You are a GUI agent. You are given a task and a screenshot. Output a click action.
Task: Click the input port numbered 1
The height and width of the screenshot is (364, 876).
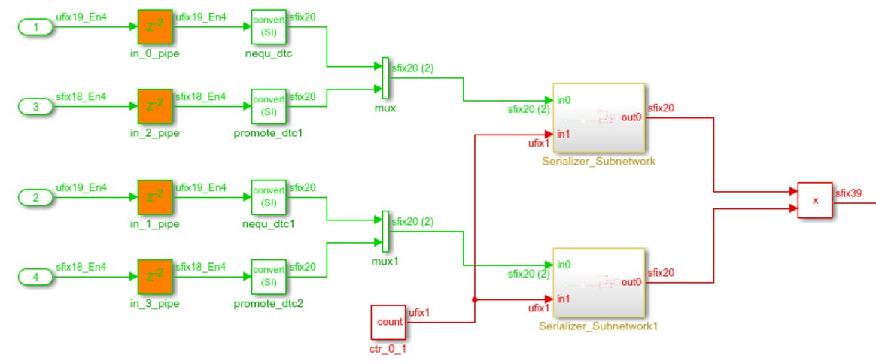point(35,27)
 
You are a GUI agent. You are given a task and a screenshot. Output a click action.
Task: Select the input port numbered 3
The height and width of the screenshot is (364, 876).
point(35,107)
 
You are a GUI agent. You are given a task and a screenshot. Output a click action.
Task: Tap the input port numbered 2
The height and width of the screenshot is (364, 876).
point(35,199)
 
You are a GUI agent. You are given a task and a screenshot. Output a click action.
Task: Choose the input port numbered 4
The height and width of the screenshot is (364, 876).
point(35,278)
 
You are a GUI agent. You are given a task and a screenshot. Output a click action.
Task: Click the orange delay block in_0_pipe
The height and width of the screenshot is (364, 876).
point(156,27)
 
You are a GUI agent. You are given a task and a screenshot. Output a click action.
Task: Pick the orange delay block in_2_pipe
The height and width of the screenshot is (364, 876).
point(156,107)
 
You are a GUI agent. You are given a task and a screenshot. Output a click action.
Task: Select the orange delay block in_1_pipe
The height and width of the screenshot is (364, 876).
point(156,198)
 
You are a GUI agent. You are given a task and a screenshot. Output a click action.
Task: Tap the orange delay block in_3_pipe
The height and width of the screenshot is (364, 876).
point(156,278)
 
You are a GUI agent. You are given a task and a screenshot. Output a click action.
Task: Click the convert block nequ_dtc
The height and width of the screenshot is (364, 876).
point(269,27)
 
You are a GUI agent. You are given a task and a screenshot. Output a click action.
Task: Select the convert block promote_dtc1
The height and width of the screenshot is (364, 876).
point(269,107)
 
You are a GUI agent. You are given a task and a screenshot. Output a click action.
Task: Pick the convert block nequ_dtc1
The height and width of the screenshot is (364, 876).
point(269,198)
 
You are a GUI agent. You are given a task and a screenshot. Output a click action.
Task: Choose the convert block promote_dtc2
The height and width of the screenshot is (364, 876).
point(269,278)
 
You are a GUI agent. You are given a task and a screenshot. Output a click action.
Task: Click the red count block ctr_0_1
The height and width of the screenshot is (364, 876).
point(389,322)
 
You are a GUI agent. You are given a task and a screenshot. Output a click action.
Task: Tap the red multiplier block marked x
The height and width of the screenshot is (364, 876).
point(815,200)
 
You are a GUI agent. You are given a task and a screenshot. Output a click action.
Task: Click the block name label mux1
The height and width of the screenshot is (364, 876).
point(384,262)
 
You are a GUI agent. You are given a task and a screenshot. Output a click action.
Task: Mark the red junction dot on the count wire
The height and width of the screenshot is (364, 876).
point(474,299)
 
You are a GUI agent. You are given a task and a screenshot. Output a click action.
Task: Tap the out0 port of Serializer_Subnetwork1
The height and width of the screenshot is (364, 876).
point(631,282)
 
